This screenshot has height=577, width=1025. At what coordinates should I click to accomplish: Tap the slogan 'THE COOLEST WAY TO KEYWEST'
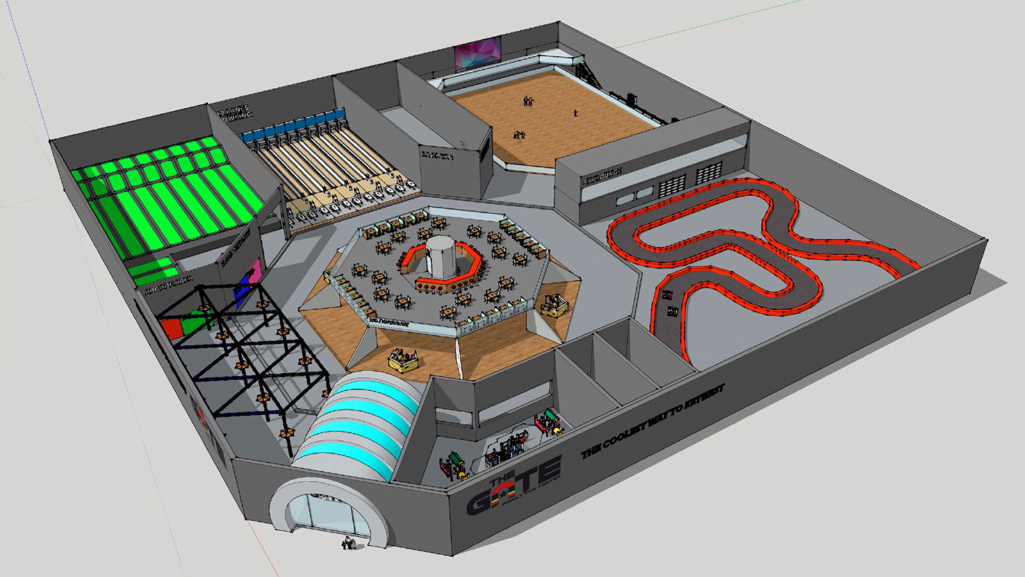point(653,424)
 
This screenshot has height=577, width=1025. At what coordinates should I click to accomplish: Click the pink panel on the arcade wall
point(254,269)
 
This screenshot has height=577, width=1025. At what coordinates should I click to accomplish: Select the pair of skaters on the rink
point(528,101)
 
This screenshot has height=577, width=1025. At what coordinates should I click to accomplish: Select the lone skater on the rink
point(575,113)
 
